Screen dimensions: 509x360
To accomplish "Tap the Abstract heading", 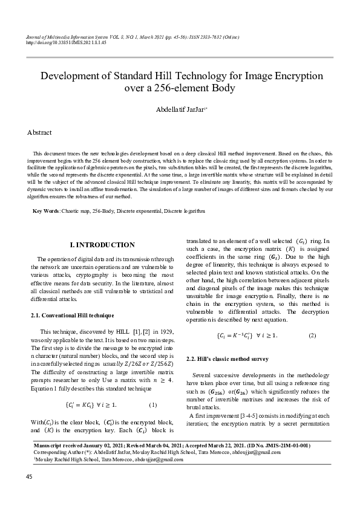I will pyautogui.click(x=39, y=132).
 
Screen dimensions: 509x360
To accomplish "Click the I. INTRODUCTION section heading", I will pyautogui.click(x=102, y=245).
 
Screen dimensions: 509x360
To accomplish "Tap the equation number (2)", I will pyautogui.click(x=312, y=335).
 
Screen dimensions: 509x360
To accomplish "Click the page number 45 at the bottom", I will pyautogui.click(x=29, y=478).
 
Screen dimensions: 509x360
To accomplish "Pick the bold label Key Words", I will pyautogui.click(x=46, y=211).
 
